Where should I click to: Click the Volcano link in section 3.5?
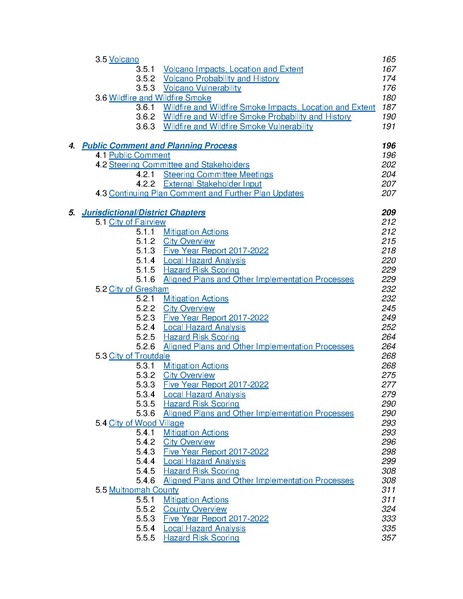click(123, 60)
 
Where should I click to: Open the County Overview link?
click(195, 509)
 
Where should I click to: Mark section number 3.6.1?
click(145, 107)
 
